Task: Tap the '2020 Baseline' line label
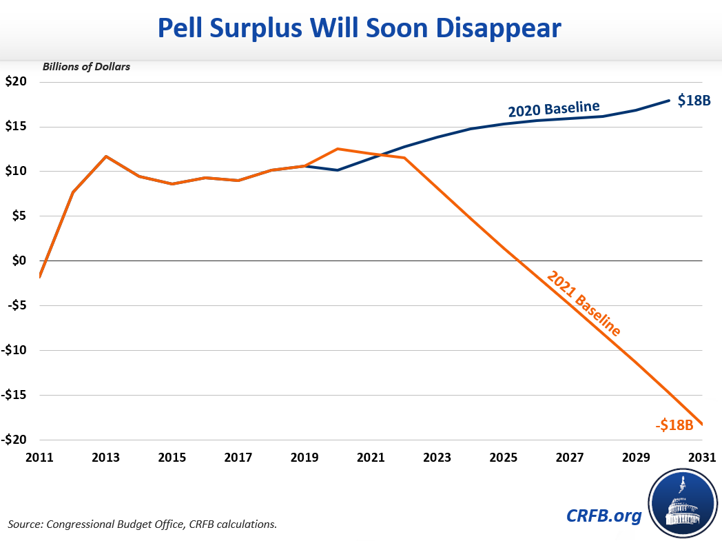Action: coord(554,109)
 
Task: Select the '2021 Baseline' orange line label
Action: coord(584,303)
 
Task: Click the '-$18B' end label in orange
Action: coord(674,425)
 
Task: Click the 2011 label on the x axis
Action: coord(40,457)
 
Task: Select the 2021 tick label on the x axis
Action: coord(371,457)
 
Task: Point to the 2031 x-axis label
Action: coord(701,457)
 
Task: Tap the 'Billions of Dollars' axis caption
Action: coord(86,67)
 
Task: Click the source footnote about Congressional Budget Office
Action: coord(143,524)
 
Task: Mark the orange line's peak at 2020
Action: coord(338,149)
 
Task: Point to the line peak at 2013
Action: coord(106,156)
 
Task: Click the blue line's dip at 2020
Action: coord(338,170)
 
